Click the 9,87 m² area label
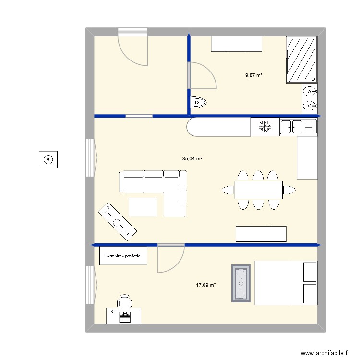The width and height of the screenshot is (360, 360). (254, 75)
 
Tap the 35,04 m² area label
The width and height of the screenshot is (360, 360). (192, 158)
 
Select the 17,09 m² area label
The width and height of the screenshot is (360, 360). (205, 285)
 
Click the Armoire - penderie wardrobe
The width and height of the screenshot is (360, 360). (123, 256)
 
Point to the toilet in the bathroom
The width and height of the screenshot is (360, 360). (198, 102)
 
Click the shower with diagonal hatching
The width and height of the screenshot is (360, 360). (302, 60)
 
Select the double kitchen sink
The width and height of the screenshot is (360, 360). (298, 127)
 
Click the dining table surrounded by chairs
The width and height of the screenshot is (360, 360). (258, 190)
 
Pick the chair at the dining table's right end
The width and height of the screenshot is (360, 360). (288, 190)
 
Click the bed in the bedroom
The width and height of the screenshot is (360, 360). (286, 283)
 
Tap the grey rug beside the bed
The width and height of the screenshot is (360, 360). (241, 283)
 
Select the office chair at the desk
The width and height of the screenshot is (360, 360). (125, 301)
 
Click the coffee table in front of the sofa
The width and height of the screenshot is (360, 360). (143, 207)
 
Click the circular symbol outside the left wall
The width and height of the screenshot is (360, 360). (48, 159)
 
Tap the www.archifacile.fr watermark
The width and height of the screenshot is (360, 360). (324, 353)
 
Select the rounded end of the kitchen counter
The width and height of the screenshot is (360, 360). (194, 127)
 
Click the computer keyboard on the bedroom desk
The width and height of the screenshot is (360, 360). (125, 315)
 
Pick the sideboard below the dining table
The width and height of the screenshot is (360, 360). (261, 234)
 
